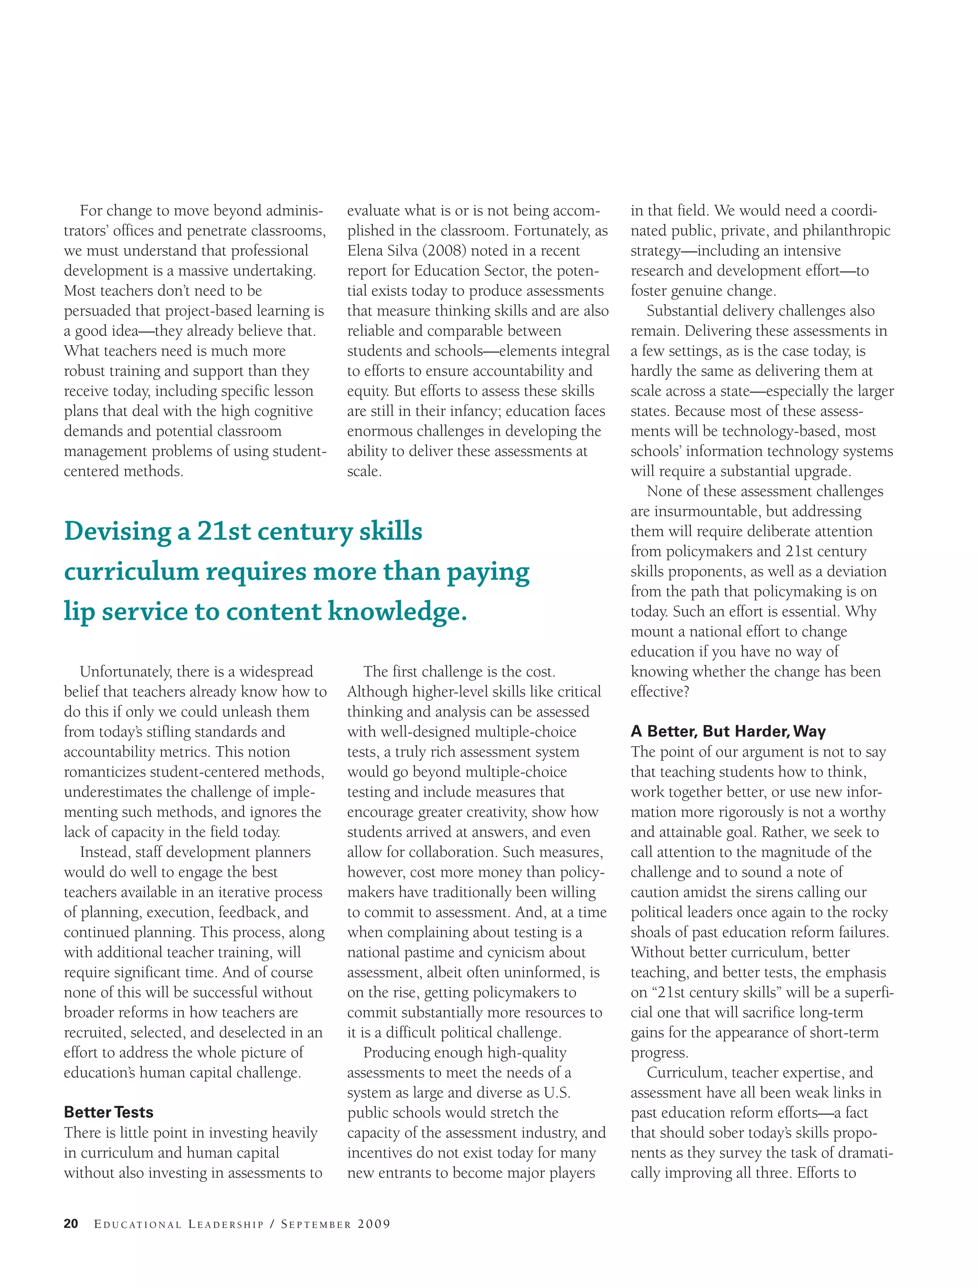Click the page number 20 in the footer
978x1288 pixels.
click(71, 1224)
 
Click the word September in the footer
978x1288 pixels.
click(316, 1224)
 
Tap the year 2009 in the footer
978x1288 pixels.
click(374, 1224)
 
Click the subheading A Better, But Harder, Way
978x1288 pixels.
click(728, 731)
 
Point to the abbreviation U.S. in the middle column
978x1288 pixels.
click(557, 1092)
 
